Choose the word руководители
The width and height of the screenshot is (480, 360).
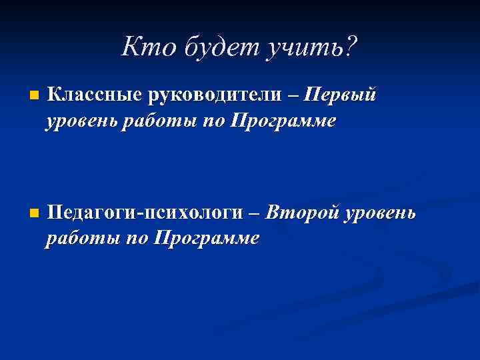coord(214,96)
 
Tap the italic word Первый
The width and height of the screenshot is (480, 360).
coord(340,96)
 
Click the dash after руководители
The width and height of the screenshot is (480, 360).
coord(293,97)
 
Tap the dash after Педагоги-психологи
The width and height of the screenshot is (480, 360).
coord(253,215)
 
